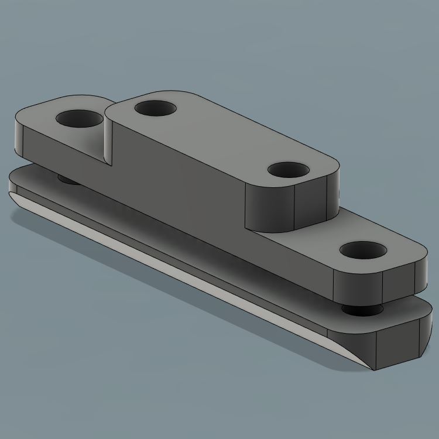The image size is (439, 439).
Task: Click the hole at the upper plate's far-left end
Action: [x=78, y=119]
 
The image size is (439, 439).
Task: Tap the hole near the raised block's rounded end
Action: [x=288, y=170]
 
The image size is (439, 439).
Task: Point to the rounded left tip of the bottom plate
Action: [x=11, y=188]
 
